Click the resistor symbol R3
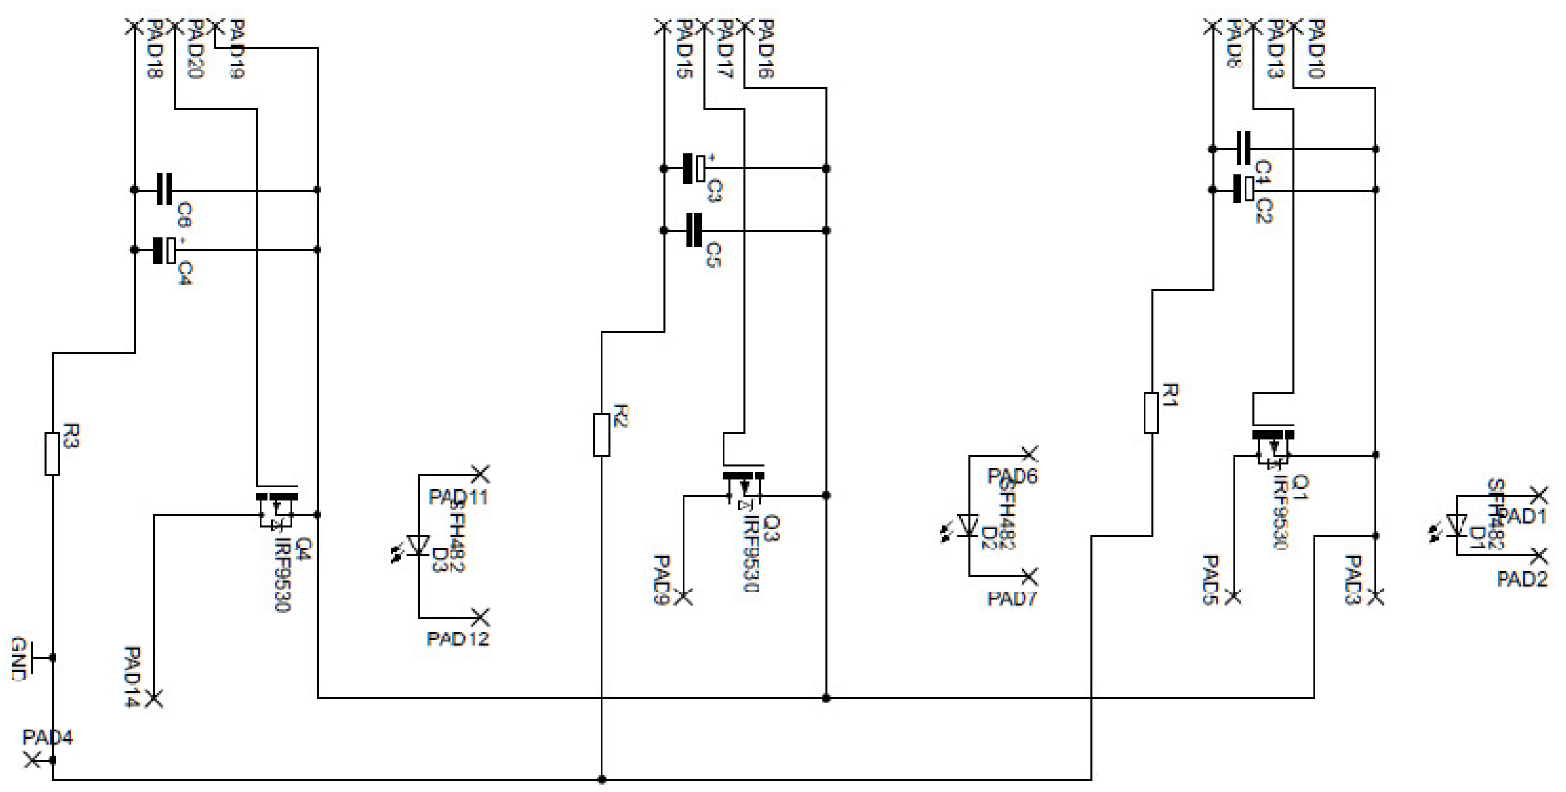52,453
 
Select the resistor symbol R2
601,434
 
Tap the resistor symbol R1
1151,412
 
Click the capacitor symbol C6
165,189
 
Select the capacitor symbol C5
693,230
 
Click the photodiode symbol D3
419,545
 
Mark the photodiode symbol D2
968,525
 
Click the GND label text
20,659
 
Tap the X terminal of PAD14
154,699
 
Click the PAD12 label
457,639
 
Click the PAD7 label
1012,599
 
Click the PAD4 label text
48,737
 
